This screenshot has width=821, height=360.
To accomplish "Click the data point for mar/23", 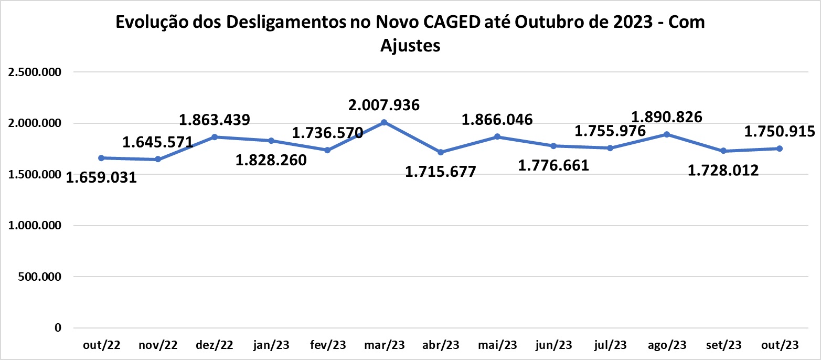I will pyautogui.click(x=384, y=122).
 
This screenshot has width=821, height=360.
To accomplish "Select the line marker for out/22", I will pyautogui.click(x=101, y=158).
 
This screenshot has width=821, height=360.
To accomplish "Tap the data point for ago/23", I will pyautogui.click(x=667, y=134).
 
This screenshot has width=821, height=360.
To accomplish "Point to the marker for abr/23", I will pyautogui.click(x=441, y=152).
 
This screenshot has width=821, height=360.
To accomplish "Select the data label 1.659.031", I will pyautogui.click(x=101, y=178).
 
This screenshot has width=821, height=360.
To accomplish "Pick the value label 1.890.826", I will pyautogui.click(x=667, y=117).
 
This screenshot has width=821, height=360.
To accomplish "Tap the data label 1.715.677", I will pyautogui.click(x=441, y=171).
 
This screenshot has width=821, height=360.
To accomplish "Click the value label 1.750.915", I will pyautogui.click(x=780, y=132).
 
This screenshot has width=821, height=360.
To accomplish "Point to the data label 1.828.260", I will pyautogui.click(x=271, y=160).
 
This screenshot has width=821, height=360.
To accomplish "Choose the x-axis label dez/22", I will pyautogui.click(x=215, y=345).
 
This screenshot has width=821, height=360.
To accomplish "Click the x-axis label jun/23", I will pyautogui.click(x=553, y=345).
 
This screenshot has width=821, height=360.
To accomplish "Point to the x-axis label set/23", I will pyautogui.click(x=723, y=345).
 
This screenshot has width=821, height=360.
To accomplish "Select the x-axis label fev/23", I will pyautogui.click(x=327, y=345).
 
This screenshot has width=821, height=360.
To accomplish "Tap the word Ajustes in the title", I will pyautogui.click(x=410, y=46).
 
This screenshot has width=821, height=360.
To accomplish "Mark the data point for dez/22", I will pyautogui.click(x=215, y=137).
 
